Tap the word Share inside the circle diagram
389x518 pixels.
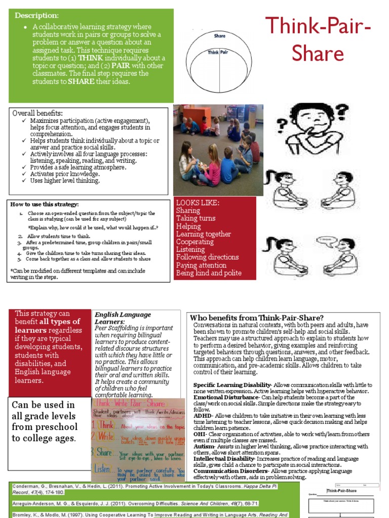(219, 36)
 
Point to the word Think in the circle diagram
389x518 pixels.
(213, 52)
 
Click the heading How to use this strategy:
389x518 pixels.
(45, 204)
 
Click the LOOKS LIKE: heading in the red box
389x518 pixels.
(198, 203)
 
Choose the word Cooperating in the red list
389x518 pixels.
(195, 242)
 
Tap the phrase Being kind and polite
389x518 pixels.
(209, 273)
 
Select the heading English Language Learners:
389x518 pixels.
(123, 318)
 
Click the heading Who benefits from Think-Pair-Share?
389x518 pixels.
(257, 318)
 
